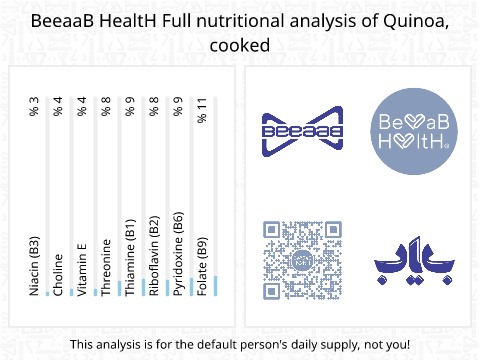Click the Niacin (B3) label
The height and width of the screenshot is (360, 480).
click(34, 266)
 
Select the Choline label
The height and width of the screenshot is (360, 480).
click(58, 275)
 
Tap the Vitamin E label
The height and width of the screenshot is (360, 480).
click(82, 270)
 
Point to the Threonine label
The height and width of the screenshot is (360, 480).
click(106, 267)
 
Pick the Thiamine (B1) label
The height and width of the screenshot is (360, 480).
click(130, 257)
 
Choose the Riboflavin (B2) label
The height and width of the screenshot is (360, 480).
click(154, 256)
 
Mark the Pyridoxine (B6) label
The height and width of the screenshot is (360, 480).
click(178, 254)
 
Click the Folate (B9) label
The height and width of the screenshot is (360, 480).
click(202, 267)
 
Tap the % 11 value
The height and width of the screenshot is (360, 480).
click(202, 110)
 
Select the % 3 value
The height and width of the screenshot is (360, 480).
click(34, 106)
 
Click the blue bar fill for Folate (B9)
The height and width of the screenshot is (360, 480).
click(216, 286)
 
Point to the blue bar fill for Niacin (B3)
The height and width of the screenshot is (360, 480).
click(48, 294)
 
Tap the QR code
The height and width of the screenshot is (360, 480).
click(302, 260)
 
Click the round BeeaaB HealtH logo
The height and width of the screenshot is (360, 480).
click(414, 131)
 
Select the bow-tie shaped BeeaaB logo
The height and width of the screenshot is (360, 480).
click(302, 131)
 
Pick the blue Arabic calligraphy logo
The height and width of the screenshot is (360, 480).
click(414, 260)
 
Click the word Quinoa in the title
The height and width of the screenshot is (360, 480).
click(416, 21)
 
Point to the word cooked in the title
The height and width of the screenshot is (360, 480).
click(240, 45)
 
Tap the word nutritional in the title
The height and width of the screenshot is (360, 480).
click(241, 21)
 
